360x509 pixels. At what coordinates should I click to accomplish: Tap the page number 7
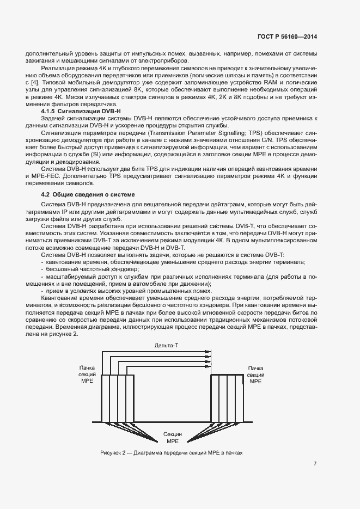click(315, 464)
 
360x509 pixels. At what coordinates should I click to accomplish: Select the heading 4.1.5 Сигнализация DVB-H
click(81, 111)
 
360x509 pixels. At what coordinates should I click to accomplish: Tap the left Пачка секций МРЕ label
click(87, 375)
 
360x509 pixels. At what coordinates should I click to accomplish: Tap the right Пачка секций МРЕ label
click(255, 375)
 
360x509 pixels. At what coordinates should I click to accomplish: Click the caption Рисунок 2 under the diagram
click(171, 453)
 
